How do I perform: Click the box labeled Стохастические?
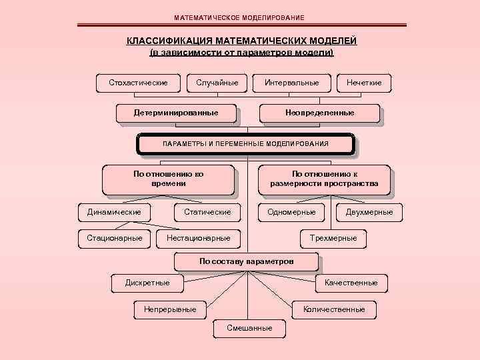click(x=138, y=83)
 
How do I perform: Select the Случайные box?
click(x=217, y=83)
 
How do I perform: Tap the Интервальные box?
click(x=291, y=83)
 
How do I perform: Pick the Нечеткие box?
click(x=364, y=83)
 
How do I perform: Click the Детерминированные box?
click(x=176, y=113)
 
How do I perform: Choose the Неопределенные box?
click(x=319, y=113)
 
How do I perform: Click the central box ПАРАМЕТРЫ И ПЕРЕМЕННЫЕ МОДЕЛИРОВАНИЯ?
click(x=245, y=144)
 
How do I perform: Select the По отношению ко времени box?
click(x=168, y=178)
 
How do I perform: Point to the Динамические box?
click(x=114, y=212)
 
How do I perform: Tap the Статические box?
click(x=207, y=212)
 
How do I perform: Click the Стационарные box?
click(x=114, y=237)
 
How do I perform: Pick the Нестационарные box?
click(x=199, y=237)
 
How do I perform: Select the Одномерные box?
click(x=291, y=212)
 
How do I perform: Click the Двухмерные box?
click(x=369, y=212)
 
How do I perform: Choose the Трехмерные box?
click(x=333, y=237)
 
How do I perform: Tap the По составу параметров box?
click(x=246, y=261)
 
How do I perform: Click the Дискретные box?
click(x=147, y=283)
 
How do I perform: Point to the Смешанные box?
click(x=249, y=328)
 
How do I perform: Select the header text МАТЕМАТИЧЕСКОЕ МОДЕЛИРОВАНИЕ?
click(x=239, y=17)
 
